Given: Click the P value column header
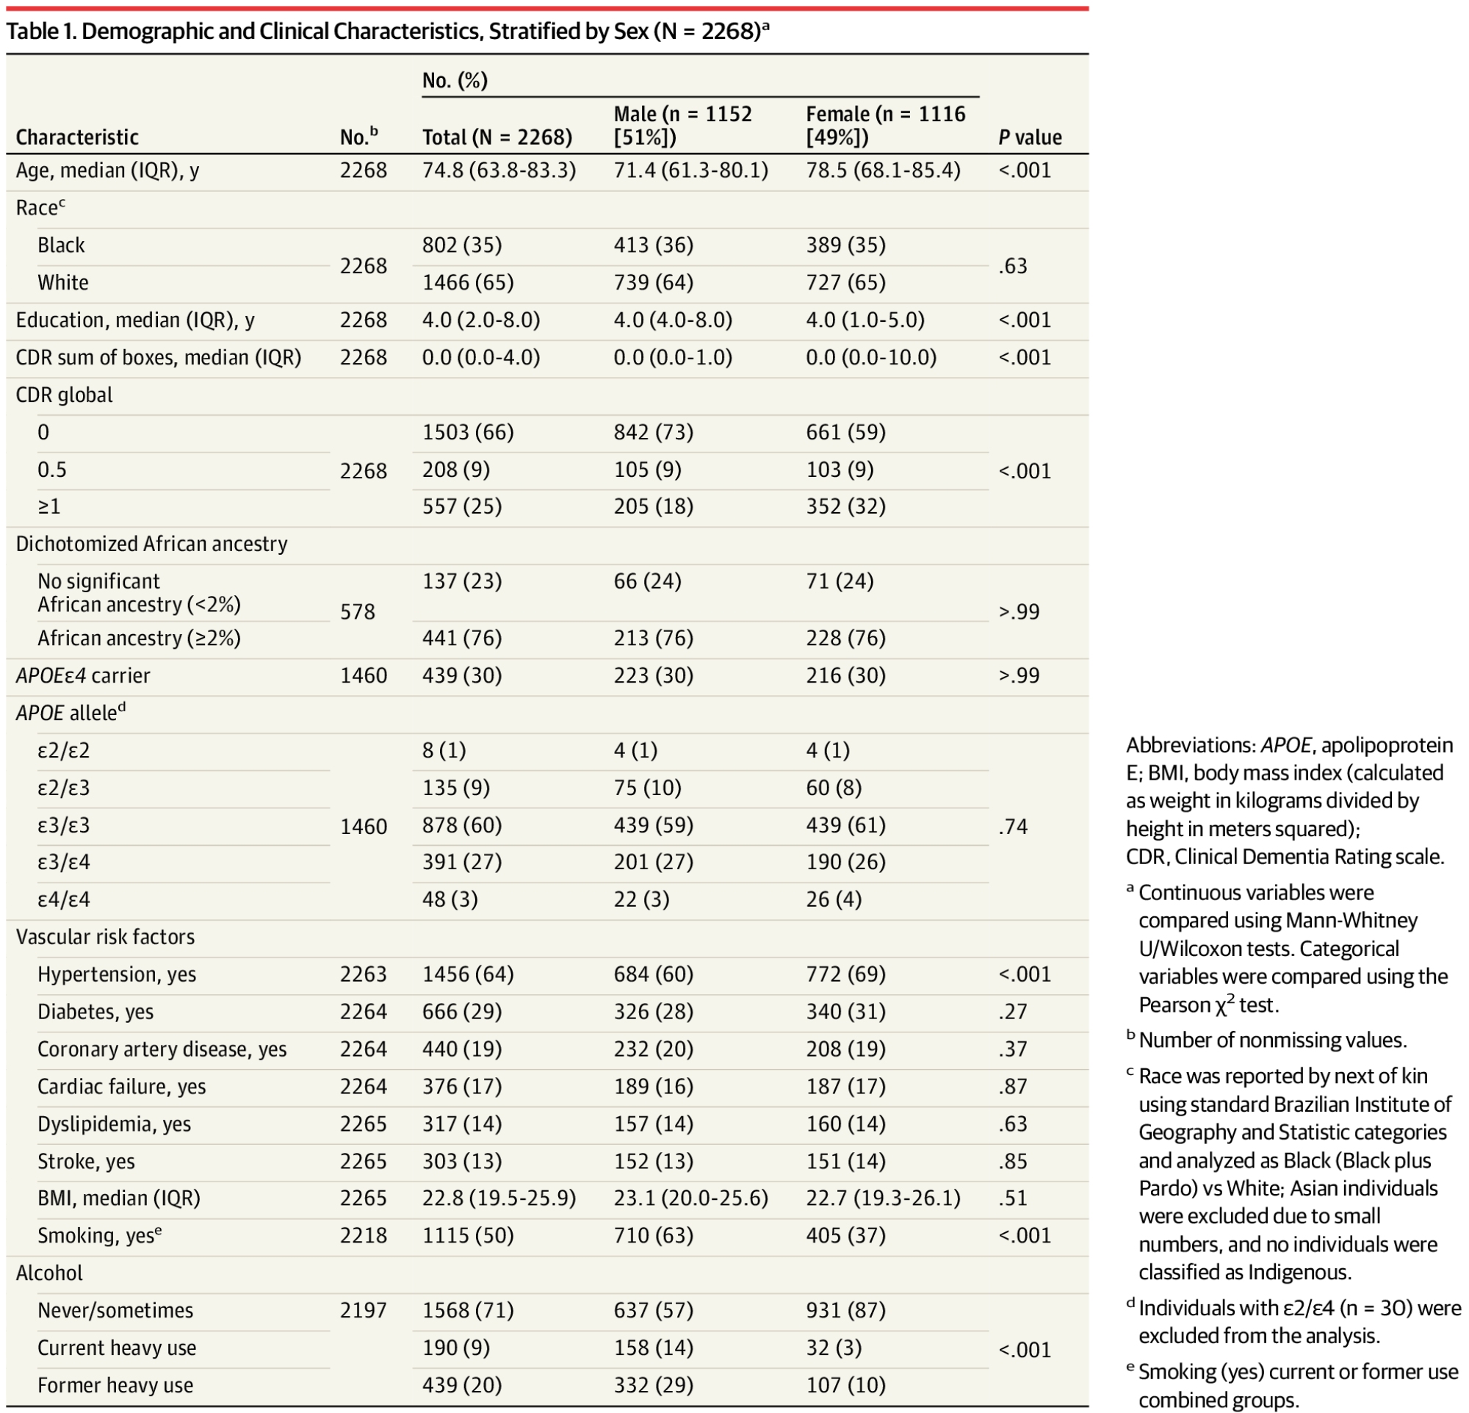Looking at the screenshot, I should (1030, 137).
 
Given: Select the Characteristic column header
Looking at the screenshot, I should (77, 137).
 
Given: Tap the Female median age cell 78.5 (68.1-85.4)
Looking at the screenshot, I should (883, 171).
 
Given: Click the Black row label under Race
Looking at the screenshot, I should (62, 246).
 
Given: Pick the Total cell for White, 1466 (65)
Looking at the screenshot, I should (468, 283).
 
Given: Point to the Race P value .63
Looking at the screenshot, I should (1013, 266).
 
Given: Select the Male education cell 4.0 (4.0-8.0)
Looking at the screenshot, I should (672, 320).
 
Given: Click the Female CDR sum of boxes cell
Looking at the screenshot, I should (871, 358).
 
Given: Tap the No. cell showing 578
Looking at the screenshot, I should (358, 611).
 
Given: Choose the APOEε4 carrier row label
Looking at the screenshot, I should (83, 676).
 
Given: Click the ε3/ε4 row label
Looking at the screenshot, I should (64, 863).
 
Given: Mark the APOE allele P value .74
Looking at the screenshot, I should (1013, 827).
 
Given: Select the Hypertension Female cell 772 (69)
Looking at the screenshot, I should (845, 974).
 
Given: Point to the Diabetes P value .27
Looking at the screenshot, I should (1013, 1012).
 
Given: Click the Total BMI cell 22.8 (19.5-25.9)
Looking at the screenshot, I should (499, 1198).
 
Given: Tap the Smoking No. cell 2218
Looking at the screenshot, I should (364, 1236).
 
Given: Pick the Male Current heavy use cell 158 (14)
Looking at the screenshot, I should (654, 1348).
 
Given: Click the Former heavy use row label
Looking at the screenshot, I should (115, 1385).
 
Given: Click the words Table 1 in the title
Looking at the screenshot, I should (40, 32).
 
